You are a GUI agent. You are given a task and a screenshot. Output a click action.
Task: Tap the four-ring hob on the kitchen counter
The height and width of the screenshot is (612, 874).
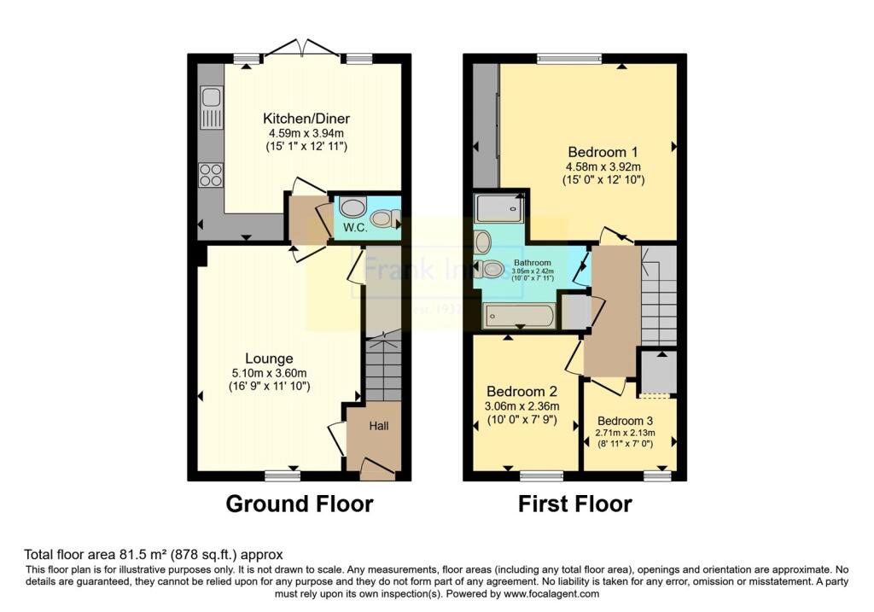210,174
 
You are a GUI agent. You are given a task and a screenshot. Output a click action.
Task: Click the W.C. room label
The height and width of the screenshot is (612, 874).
353,228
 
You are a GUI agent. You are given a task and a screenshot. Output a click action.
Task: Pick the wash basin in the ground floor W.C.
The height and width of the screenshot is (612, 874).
352,207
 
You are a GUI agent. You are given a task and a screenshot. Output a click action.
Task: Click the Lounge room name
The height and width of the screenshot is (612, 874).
270,358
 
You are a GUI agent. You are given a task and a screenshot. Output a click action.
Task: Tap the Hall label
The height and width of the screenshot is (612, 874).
379,425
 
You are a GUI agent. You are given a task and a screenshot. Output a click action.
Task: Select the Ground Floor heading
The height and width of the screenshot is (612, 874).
299,504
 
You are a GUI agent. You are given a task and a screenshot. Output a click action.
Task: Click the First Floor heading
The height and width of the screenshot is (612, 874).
575,504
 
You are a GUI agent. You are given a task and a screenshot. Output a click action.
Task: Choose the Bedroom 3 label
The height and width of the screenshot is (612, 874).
625,421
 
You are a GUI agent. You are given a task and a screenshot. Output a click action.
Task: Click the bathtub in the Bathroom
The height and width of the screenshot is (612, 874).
519,316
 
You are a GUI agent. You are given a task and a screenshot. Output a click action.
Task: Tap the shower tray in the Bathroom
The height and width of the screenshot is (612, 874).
500,207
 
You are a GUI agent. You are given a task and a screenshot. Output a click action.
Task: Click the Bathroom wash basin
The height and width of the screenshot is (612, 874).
483,241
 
